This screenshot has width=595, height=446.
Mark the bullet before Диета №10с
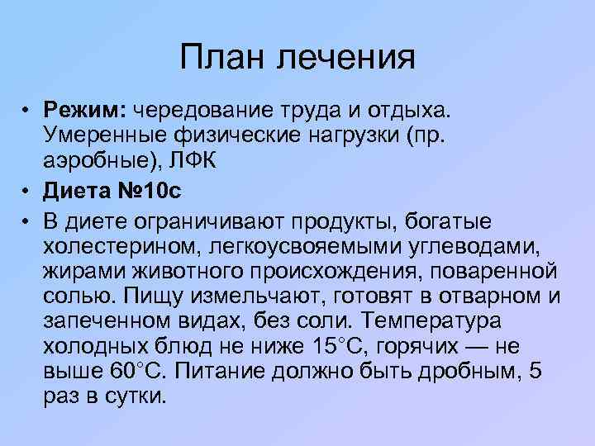27,192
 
